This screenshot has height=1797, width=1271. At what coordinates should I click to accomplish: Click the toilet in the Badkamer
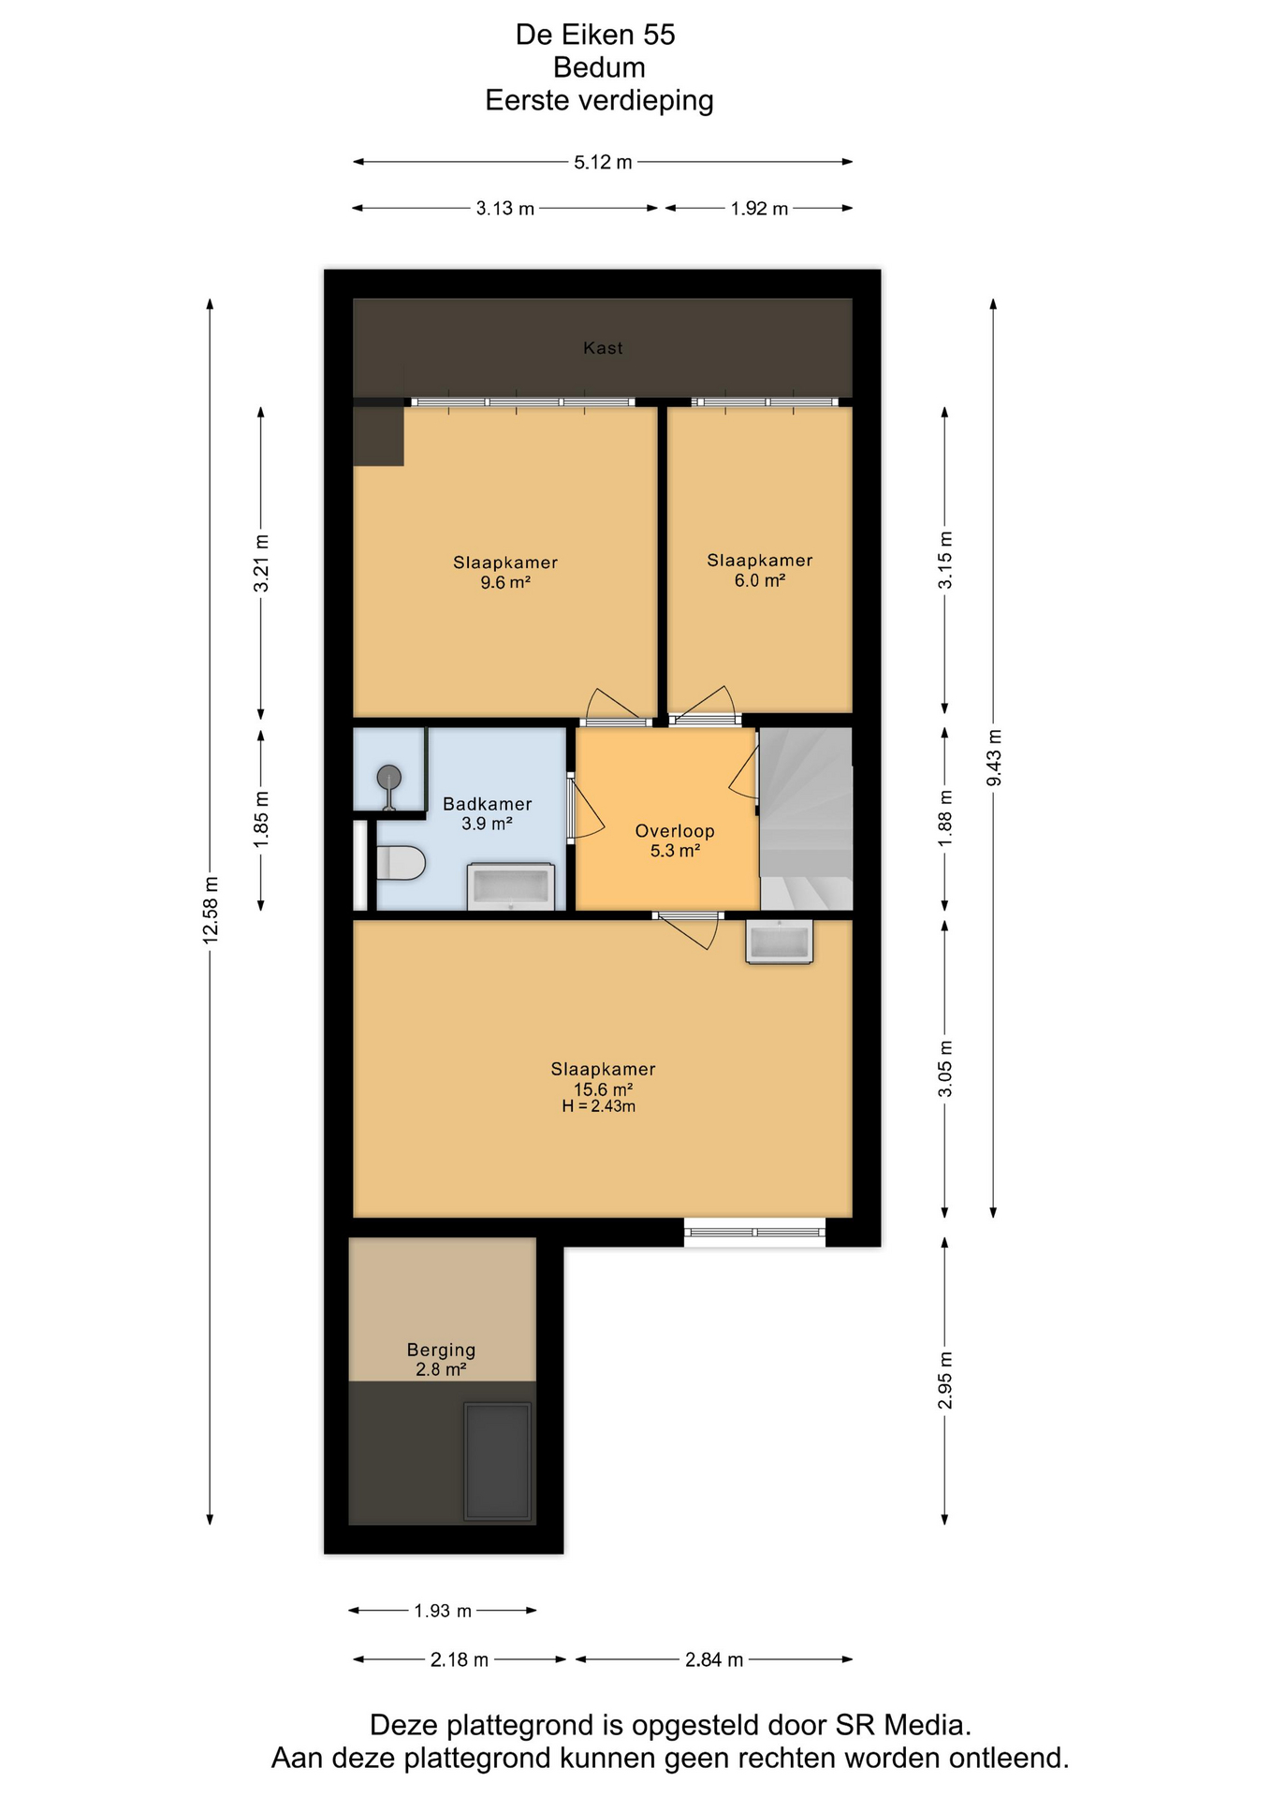click(x=400, y=863)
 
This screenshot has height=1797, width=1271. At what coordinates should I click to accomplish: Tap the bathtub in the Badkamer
click(x=510, y=886)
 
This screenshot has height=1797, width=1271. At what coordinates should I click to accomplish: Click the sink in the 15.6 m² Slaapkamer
click(x=779, y=942)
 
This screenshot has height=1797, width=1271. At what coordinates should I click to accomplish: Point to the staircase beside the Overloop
click(x=806, y=818)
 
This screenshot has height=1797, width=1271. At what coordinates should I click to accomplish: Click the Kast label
click(x=603, y=348)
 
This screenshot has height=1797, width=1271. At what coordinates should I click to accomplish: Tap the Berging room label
click(x=441, y=1350)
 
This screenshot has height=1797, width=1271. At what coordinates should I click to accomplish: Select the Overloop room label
click(x=675, y=831)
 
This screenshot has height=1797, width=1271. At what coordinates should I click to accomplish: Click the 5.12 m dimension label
click(x=603, y=162)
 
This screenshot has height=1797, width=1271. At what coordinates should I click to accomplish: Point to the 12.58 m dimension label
click(x=211, y=910)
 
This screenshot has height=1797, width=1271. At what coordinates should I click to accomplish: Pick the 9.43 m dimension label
click(x=994, y=758)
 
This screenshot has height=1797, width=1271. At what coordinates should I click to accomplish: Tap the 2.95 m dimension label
click(x=945, y=1381)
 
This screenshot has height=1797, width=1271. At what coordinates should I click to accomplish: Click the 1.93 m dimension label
click(x=443, y=1611)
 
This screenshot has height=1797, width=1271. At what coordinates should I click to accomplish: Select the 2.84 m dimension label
click(x=714, y=1659)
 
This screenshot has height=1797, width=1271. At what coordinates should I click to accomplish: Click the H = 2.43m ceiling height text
click(x=599, y=1106)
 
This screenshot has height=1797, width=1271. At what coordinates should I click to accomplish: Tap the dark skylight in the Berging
click(x=498, y=1462)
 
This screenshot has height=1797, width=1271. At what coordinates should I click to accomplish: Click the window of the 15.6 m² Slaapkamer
click(x=754, y=1232)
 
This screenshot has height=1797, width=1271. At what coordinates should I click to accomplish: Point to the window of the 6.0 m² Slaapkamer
click(x=766, y=402)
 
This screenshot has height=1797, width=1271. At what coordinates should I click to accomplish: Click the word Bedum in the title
click(x=599, y=67)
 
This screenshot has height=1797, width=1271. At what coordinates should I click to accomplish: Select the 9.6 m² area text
click(x=505, y=582)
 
